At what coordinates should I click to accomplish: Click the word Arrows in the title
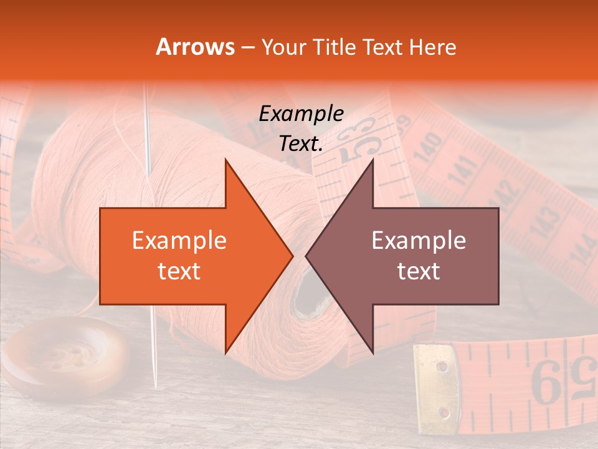[194, 47]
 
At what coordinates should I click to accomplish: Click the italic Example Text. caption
[301, 128]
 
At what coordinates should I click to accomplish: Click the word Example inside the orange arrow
[179, 241]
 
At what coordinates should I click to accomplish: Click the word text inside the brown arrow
[419, 271]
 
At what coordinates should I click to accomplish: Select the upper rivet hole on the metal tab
[442, 366]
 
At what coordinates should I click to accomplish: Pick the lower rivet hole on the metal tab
[444, 412]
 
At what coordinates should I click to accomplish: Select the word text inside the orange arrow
[179, 271]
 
